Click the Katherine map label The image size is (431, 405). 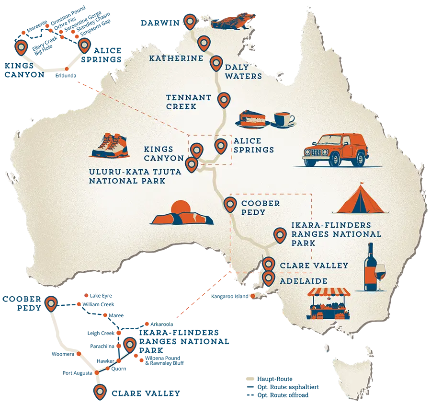173,58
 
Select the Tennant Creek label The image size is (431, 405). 189,102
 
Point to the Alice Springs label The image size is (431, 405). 253,145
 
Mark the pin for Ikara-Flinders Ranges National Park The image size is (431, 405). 279,235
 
